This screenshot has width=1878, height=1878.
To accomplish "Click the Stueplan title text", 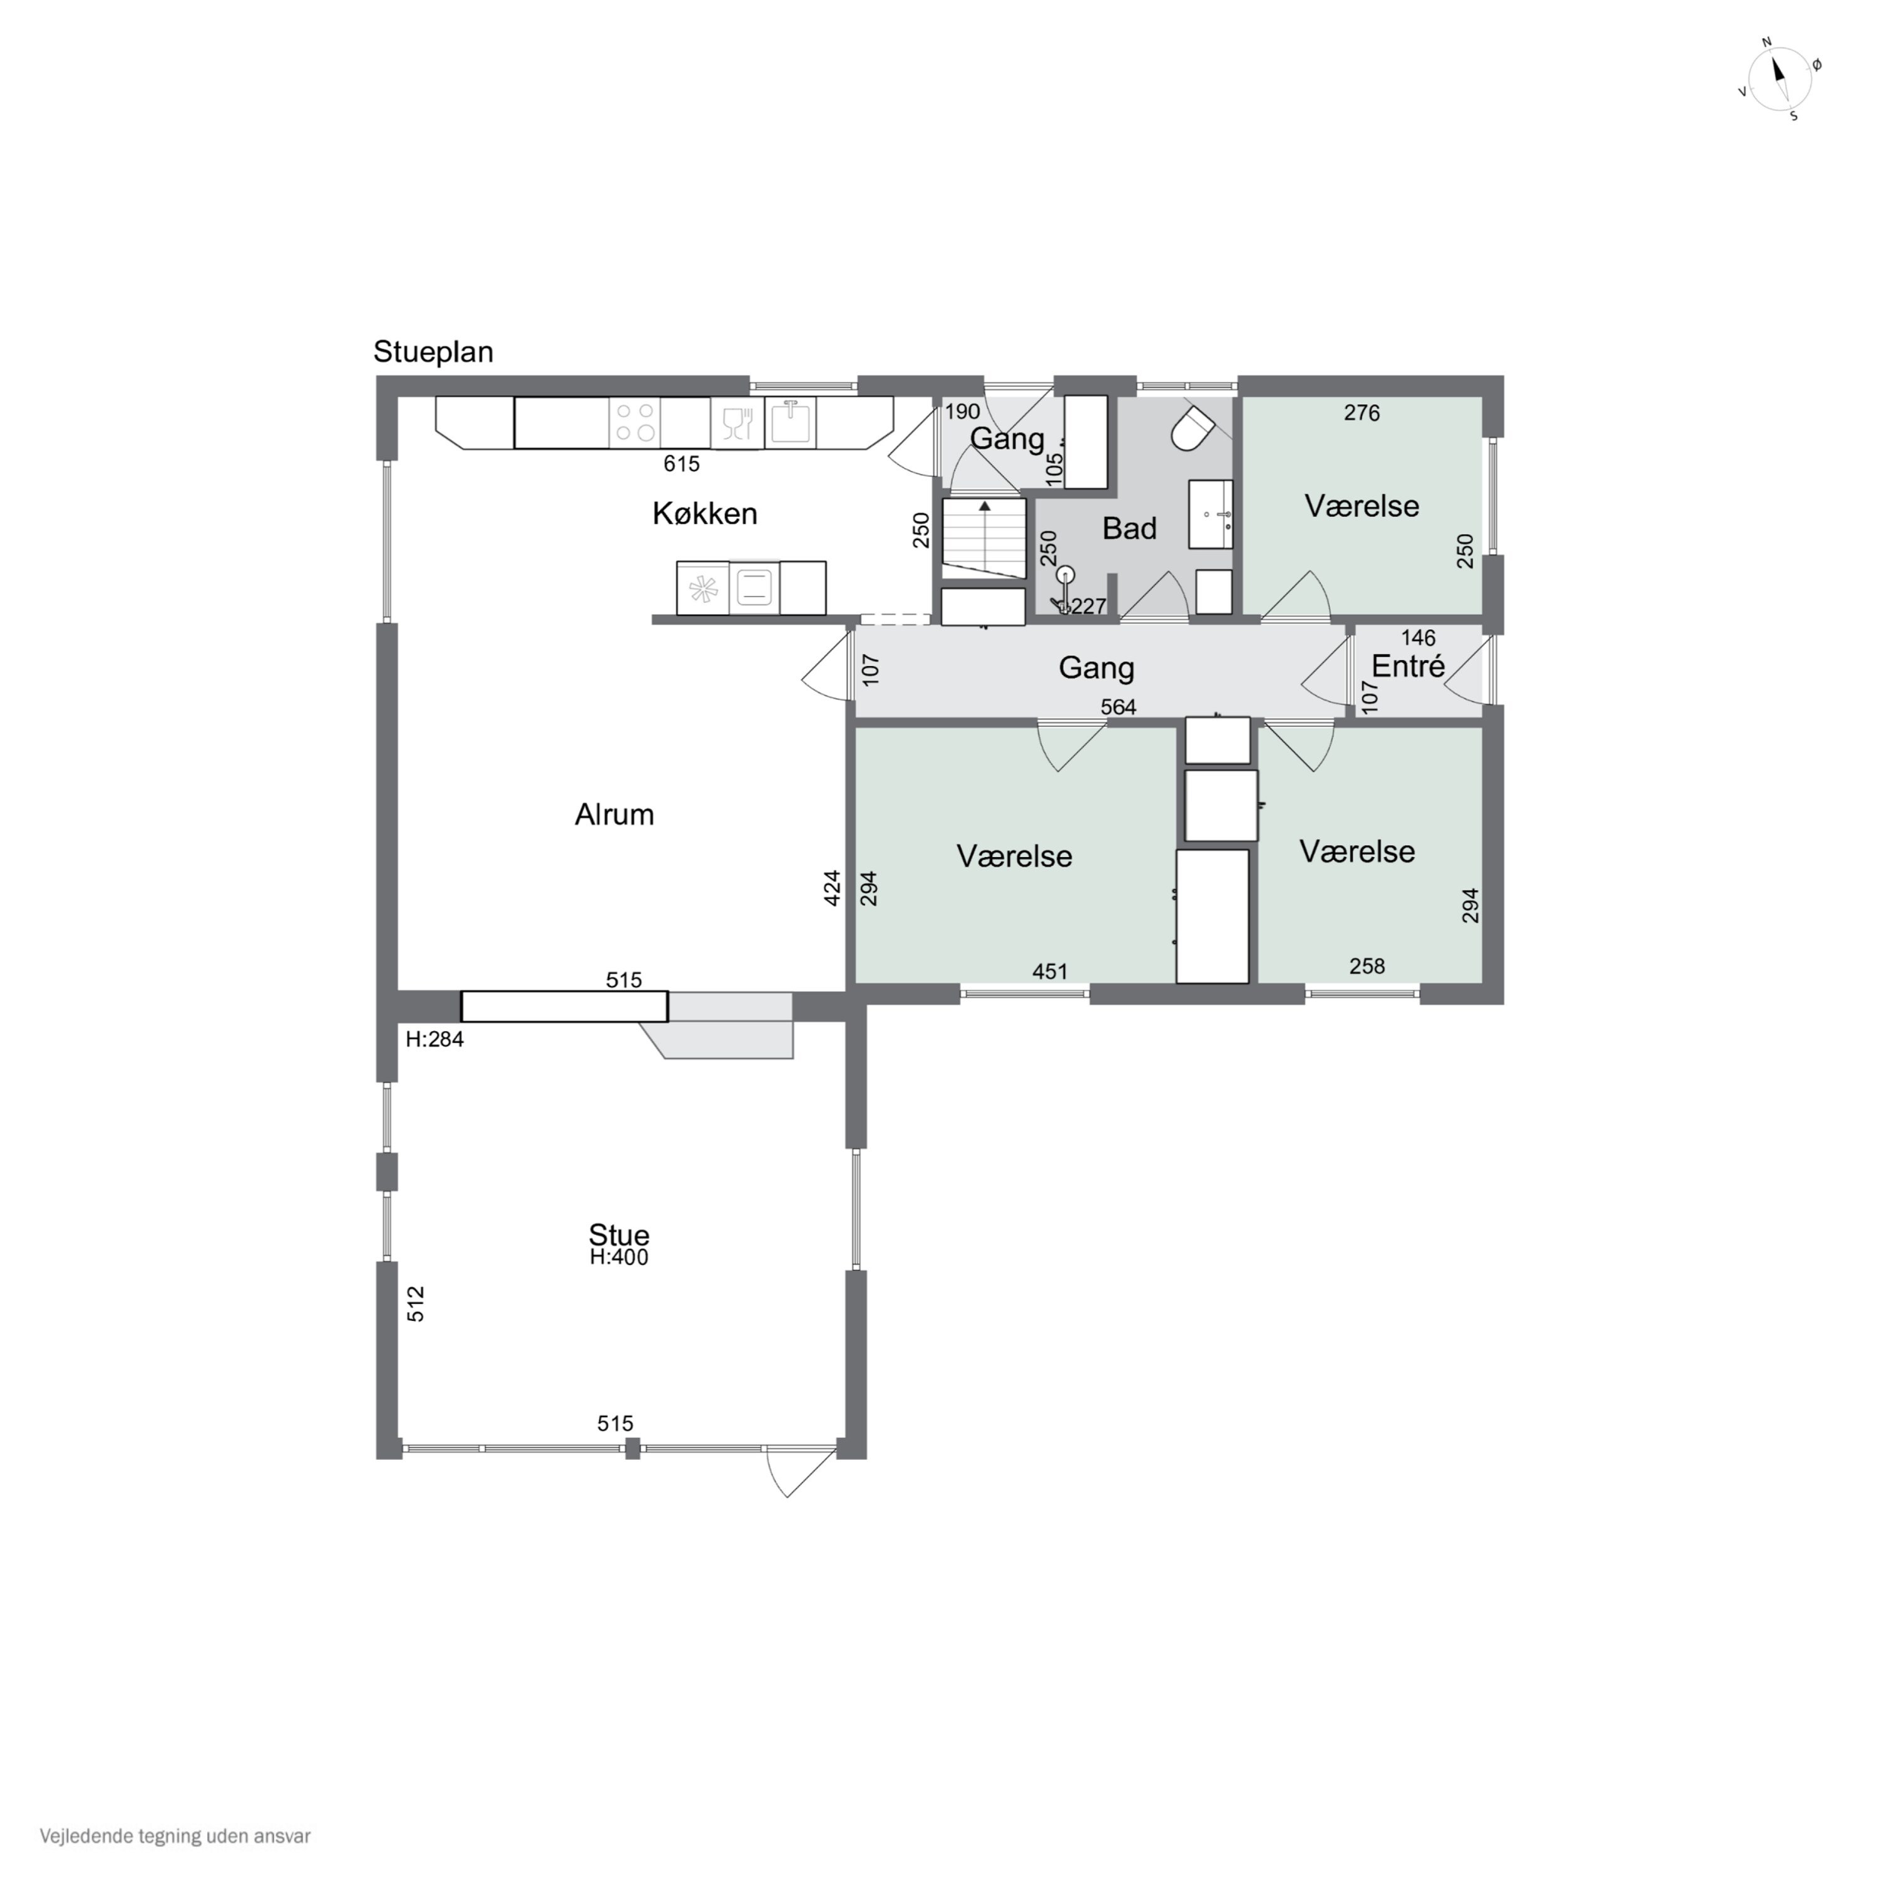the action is click(x=434, y=352).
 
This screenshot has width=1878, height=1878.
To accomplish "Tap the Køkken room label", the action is click(x=705, y=513).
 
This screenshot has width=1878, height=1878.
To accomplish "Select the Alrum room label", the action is click(x=614, y=814).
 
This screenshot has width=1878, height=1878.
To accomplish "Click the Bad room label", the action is click(x=1129, y=529).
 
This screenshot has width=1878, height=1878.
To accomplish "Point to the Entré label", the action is click(x=1408, y=666).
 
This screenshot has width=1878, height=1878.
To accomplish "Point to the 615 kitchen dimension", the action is click(x=682, y=464).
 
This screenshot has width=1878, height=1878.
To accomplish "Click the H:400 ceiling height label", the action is click(x=619, y=1257).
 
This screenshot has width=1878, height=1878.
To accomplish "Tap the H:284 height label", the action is click(x=434, y=1039).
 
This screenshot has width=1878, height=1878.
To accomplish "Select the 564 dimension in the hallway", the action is click(x=1118, y=707).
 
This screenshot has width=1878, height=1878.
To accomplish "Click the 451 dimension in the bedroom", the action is click(x=1050, y=971).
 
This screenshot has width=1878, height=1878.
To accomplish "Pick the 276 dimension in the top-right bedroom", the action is click(x=1362, y=413).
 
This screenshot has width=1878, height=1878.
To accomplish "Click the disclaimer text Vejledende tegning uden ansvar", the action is click(x=175, y=1836).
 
